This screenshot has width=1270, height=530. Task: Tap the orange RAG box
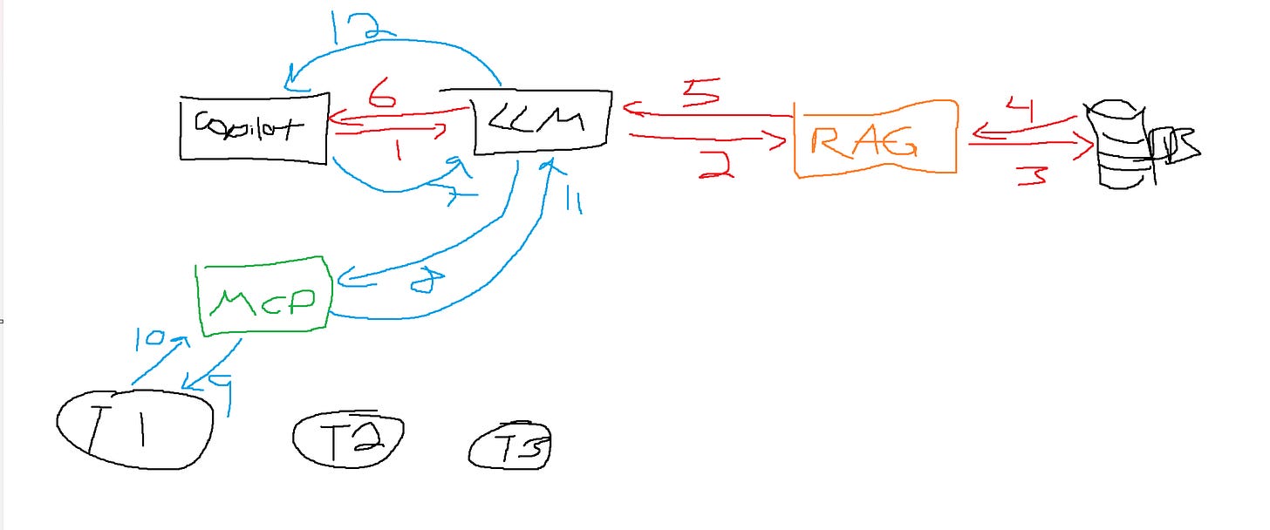(875, 139)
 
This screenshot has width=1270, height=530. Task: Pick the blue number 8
(424, 282)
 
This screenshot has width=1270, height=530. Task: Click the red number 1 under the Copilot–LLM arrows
(398, 151)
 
